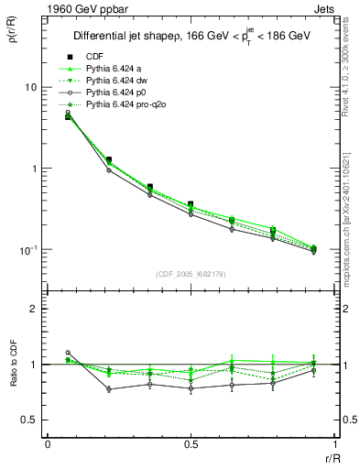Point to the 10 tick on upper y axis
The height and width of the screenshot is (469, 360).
(x=30, y=87)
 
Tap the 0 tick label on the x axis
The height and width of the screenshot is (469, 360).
(x=48, y=445)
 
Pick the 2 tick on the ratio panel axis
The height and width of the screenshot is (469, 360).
(x=35, y=309)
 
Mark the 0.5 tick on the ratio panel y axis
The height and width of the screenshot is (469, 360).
(x=30, y=420)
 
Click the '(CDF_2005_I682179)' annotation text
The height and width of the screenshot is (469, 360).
(x=191, y=274)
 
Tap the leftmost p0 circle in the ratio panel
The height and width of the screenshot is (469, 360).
(x=68, y=353)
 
